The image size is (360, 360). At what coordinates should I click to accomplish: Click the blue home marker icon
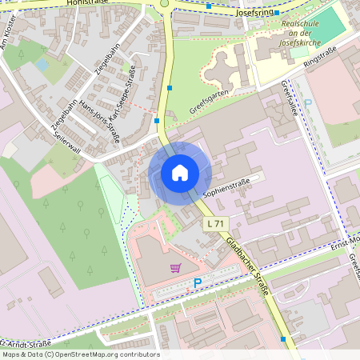(x=180, y=172)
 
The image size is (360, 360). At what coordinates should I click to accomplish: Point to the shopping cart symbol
(x=174, y=268)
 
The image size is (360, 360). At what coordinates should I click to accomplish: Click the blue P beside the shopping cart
(x=198, y=282)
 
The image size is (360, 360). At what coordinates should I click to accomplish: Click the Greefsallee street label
(x=289, y=98)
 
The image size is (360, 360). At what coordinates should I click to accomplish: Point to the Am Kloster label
(x=11, y=36)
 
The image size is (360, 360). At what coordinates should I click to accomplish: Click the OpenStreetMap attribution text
(x=80, y=354)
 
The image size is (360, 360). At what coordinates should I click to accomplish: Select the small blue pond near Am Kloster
(x=42, y=64)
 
